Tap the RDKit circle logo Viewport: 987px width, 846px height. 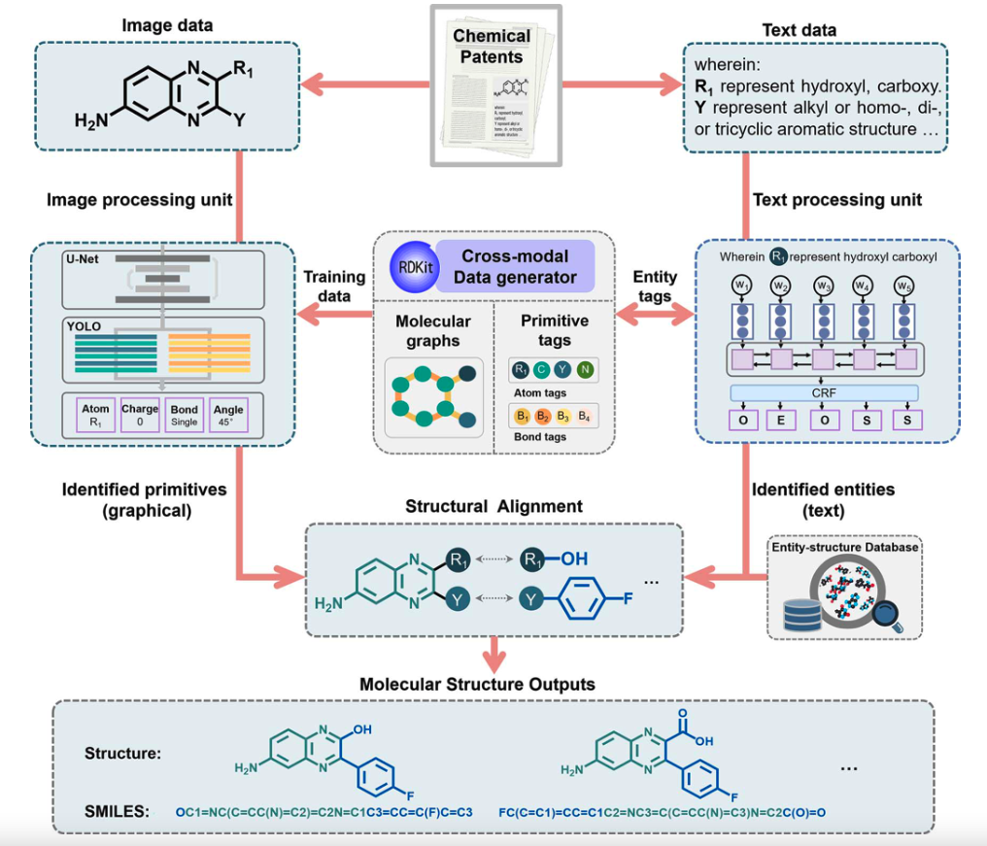[410, 266]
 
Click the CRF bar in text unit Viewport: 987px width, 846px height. [824, 393]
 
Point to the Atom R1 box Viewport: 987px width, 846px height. [95, 416]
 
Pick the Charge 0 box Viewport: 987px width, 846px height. [140, 416]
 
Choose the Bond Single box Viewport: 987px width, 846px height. [184, 416]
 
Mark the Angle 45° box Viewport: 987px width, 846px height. [228, 416]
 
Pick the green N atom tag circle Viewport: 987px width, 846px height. [585, 370]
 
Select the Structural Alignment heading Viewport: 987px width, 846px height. [494, 507]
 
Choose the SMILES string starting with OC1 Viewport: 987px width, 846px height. [323, 810]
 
